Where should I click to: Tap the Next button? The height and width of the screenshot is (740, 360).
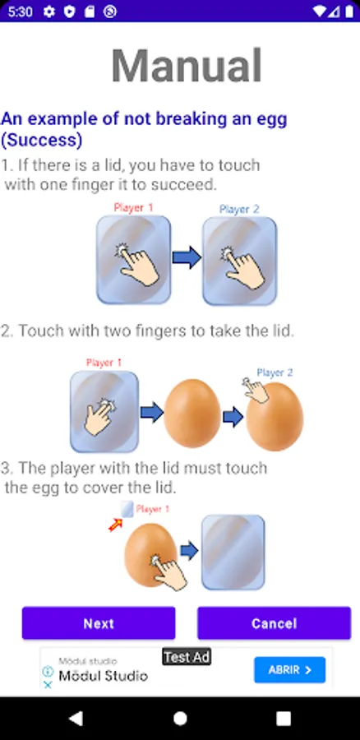[99, 623]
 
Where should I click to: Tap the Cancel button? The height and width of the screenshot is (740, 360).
[275, 623]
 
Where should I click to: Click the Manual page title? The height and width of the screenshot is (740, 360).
[187, 66]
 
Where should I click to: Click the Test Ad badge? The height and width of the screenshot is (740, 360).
[187, 656]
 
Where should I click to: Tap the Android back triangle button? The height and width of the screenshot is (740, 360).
[76, 718]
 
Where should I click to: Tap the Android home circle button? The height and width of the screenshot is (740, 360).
[180, 718]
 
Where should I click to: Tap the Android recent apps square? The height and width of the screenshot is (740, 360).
[283, 719]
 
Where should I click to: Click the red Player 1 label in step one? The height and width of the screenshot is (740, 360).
[133, 208]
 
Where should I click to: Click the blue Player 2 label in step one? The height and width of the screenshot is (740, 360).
[239, 209]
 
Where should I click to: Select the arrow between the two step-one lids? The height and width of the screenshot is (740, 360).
[187, 257]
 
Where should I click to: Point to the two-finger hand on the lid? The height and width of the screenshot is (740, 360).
[100, 417]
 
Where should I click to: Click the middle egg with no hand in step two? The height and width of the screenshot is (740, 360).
[192, 413]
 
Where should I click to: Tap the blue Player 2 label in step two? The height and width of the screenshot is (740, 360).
[275, 372]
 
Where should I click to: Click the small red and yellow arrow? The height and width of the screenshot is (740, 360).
[115, 525]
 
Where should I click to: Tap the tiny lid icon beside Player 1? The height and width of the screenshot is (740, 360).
[127, 509]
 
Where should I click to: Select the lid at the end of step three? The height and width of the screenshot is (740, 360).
[233, 552]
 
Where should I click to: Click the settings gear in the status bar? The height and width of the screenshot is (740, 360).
[49, 12]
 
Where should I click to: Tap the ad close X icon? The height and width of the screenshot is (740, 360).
[48, 684]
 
